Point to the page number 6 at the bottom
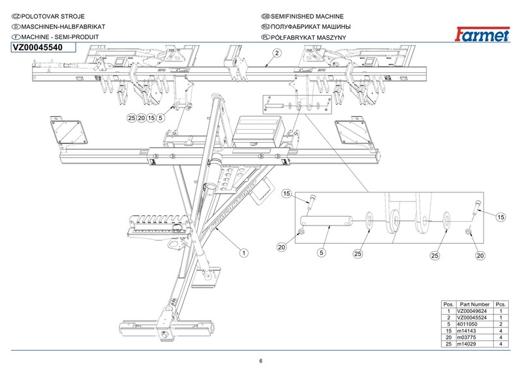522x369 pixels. click(260, 361)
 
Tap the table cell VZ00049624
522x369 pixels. click(473, 312)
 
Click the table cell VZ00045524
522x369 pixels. click(473, 318)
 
